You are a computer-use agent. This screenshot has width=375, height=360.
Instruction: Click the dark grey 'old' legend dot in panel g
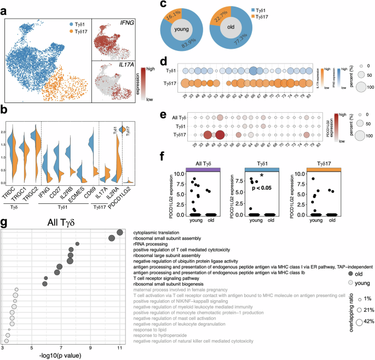(350, 272)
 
